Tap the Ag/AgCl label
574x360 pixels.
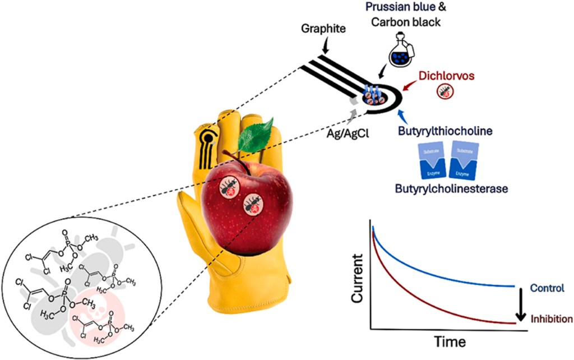coord(348,135)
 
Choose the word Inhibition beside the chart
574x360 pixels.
coord(551,319)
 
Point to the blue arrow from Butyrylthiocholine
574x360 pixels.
coord(402,114)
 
